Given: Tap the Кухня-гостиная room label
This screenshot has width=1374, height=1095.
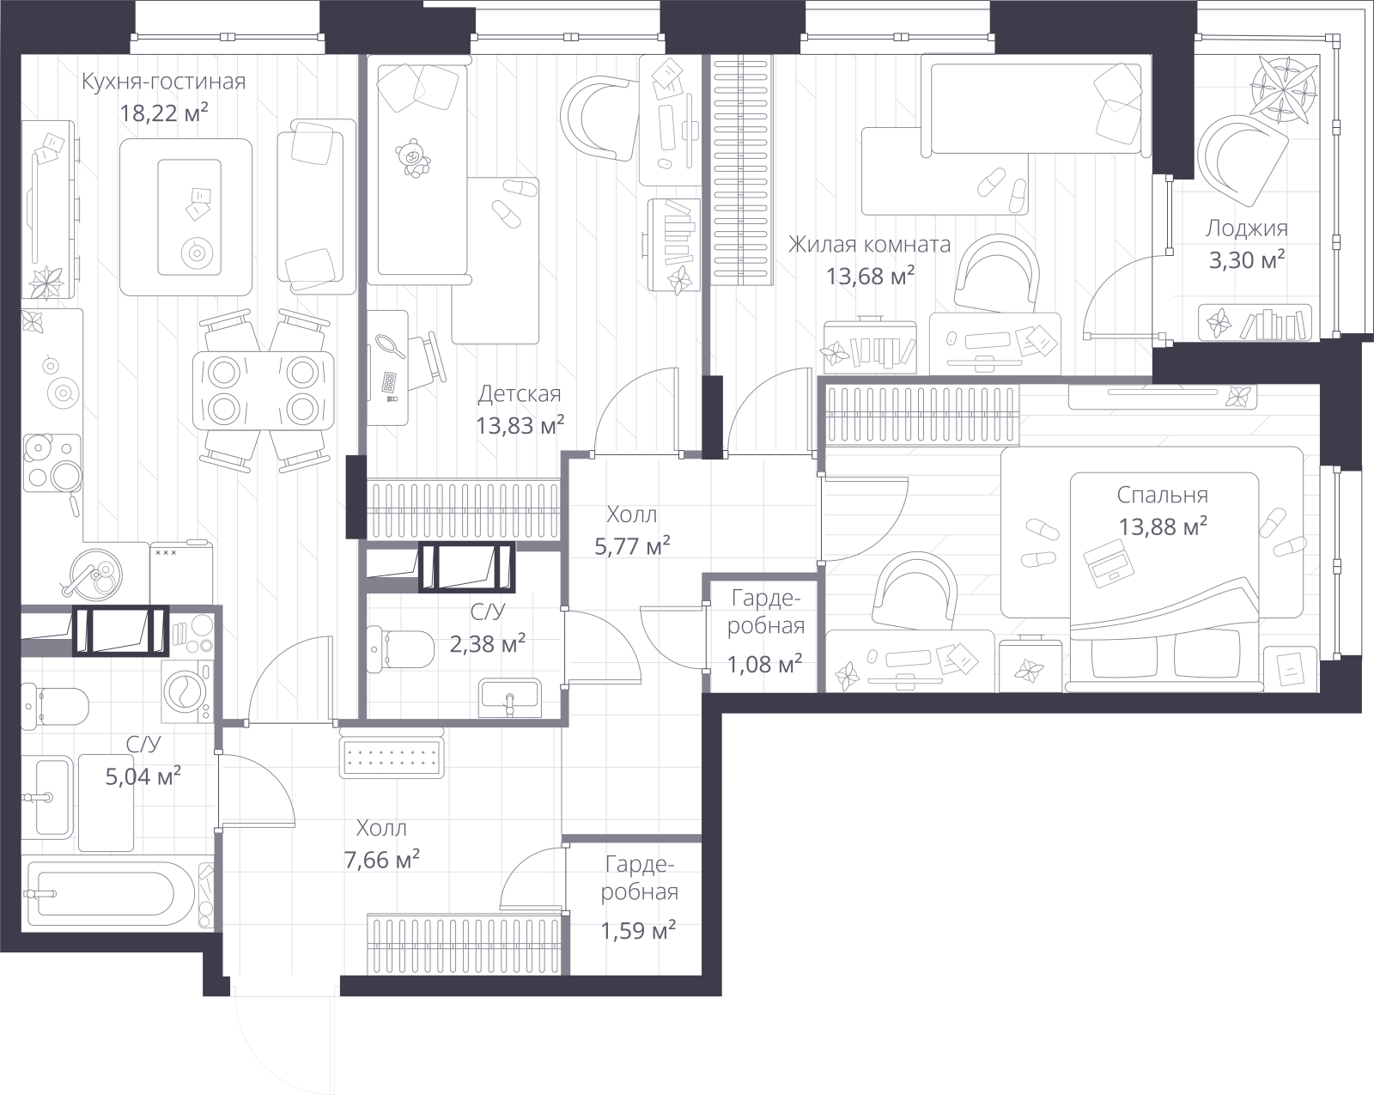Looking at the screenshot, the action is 164,82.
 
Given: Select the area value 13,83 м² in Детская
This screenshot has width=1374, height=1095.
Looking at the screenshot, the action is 520,425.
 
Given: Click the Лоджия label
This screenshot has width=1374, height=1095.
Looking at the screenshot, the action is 1246,228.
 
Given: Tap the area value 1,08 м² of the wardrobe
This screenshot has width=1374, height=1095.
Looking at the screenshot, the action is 764,665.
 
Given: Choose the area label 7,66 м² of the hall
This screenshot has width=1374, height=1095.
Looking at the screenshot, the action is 381,860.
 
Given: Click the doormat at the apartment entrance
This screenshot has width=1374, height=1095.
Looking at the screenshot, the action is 392,757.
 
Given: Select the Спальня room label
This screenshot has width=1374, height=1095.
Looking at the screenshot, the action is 1162,495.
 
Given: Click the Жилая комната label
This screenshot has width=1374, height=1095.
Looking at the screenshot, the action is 869,245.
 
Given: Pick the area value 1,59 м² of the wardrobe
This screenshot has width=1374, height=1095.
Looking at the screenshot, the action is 638,931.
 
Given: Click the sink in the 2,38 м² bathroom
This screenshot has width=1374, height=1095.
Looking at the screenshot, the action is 510,698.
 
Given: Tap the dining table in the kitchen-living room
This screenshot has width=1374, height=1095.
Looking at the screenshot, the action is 263,390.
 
